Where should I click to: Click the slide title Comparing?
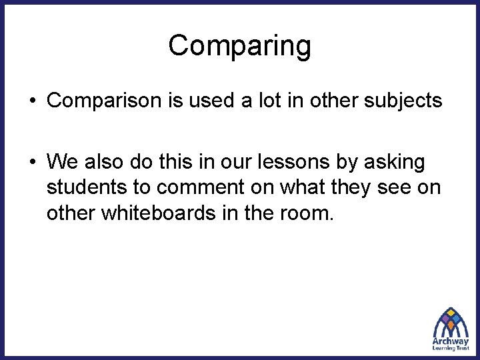[x=239, y=46]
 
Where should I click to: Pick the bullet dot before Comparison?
[x=32, y=101]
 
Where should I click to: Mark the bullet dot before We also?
[x=32, y=162]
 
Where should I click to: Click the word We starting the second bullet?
[x=63, y=161]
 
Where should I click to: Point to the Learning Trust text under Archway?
[x=451, y=349]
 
